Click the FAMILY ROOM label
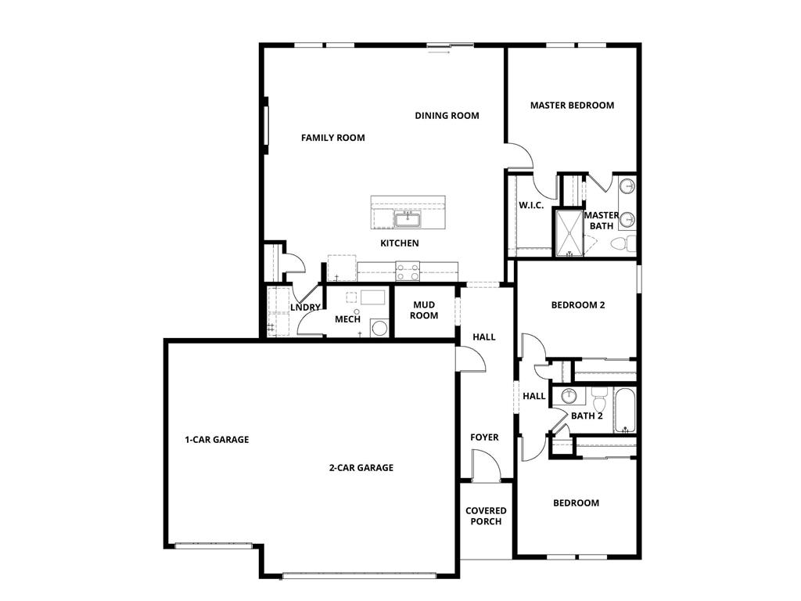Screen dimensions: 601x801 tap(333, 138)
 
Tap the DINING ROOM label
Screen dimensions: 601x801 tap(447, 116)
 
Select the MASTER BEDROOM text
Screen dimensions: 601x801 tap(572, 105)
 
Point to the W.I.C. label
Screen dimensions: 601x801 tap(531, 206)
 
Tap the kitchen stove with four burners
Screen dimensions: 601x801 tap(408, 272)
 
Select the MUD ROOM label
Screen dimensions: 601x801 tap(424, 310)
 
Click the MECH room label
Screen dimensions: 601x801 tap(347, 319)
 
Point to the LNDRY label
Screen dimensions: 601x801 tap(305, 308)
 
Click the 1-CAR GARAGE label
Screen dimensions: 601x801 tap(217, 440)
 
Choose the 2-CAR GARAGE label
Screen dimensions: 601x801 tap(361, 468)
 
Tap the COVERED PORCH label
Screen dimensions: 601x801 tap(486, 516)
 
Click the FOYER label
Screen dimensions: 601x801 tap(484, 437)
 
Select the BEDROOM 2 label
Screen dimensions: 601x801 tap(578, 305)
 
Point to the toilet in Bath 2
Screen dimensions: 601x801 tap(600, 402)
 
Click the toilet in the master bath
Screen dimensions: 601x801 tap(622, 243)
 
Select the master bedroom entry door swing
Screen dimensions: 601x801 tap(522, 156)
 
